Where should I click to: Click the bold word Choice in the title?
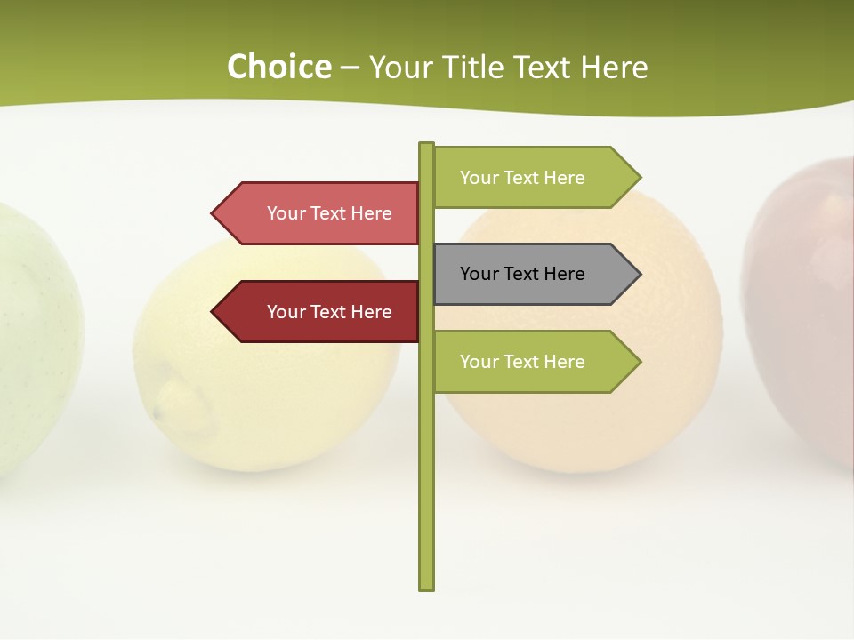(x=278, y=68)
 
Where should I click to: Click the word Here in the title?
(x=615, y=68)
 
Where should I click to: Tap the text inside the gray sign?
(x=522, y=274)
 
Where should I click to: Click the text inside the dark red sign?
(x=329, y=312)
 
